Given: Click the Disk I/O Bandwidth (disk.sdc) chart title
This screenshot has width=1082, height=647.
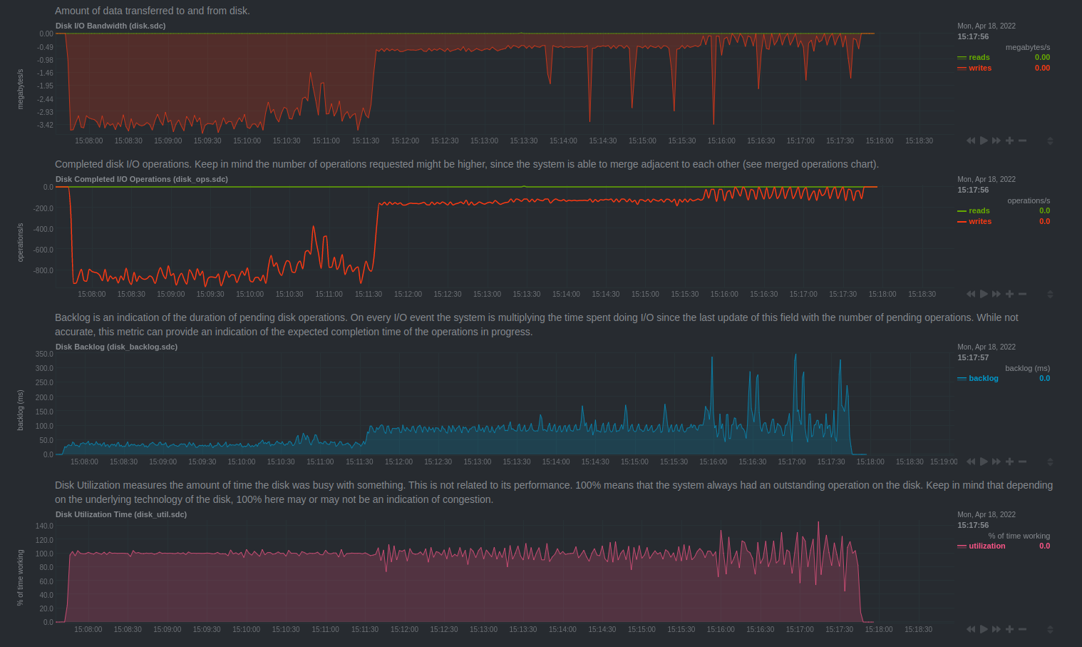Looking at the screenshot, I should tap(110, 26).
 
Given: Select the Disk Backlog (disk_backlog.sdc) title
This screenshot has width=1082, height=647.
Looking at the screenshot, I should tap(116, 347).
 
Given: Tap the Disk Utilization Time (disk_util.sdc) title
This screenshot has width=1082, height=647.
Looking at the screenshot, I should tap(121, 514).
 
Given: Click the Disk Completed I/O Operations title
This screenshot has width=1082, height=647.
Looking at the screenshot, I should tap(142, 179).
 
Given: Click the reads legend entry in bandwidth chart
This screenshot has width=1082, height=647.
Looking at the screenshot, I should tap(979, 57).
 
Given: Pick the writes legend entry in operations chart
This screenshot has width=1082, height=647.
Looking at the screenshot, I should tap(979, 221).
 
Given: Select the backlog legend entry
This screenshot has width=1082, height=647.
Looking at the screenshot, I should tap(983, 378).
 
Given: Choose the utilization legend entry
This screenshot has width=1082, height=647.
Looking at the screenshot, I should tap(986, 546).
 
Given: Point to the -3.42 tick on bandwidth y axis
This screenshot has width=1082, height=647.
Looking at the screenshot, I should tap(46, 125).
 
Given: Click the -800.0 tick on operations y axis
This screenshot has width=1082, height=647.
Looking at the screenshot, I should tap(43, 270).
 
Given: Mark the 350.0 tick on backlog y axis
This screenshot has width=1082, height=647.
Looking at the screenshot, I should tap(44, 354).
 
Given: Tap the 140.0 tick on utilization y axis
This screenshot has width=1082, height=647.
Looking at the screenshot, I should tap(44, 526).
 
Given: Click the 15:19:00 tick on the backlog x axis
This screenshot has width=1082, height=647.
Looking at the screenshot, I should tap(944, 462).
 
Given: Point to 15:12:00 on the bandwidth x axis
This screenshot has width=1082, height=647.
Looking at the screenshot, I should tap(405, 141).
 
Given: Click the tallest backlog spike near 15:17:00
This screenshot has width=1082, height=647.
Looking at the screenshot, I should tap(795, 355).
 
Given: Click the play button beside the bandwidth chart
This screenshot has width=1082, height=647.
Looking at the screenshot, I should tap(984, 141).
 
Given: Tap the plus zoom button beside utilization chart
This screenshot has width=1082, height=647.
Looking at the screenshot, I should tap(1009, 629).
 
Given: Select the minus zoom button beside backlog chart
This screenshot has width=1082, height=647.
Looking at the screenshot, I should tap(1022, 462).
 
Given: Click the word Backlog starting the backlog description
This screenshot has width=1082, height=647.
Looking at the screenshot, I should tap(73, 317).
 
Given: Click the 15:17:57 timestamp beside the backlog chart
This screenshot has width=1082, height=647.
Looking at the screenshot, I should tap(973, 357).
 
